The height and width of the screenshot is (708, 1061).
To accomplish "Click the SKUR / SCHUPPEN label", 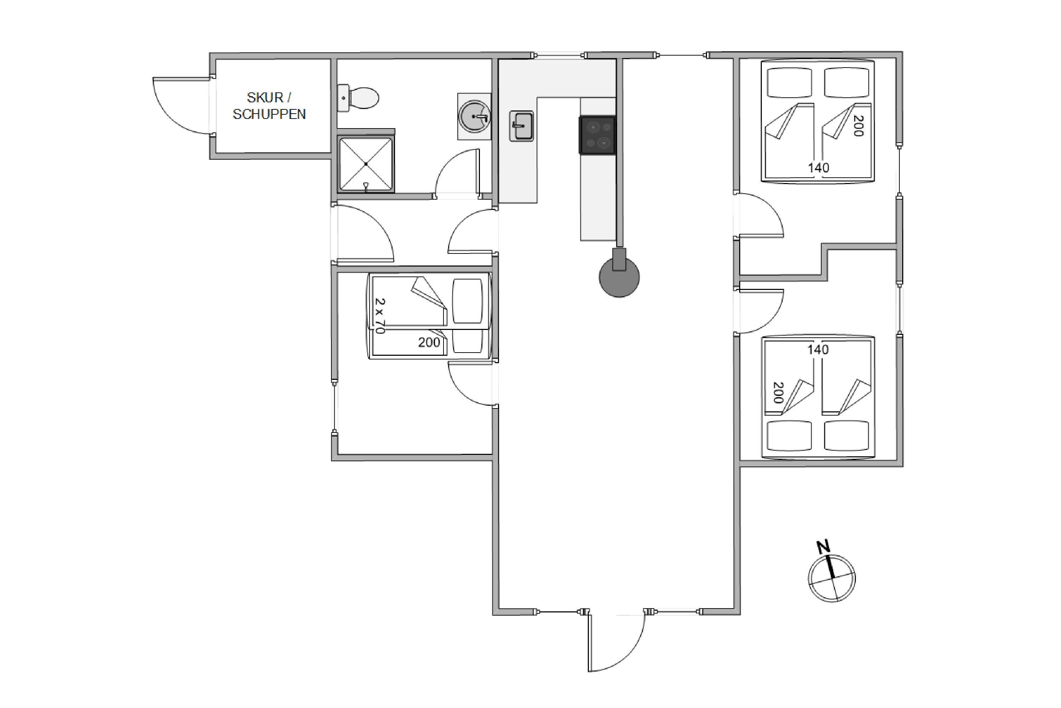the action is pos(269,105).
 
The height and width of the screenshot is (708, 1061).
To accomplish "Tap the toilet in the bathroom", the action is pos(358,98).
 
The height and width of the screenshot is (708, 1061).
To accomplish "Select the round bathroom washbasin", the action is pos(474,116).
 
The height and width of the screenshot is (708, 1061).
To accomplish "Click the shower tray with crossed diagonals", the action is pos(366,164).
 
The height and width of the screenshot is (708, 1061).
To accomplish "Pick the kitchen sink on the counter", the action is pos(521,126).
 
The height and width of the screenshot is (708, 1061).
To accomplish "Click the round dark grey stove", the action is pos(619,276).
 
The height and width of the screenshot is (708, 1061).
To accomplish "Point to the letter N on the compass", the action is pos(824,547).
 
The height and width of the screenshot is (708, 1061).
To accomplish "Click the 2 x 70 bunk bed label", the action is pos(380,316).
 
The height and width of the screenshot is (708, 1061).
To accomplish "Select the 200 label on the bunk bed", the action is pos(429,342).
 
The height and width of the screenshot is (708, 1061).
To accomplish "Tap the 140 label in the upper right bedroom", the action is pos(818,168).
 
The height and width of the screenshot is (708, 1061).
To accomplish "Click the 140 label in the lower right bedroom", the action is pos(818,349).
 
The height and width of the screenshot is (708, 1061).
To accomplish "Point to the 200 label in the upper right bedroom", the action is pos(858,126).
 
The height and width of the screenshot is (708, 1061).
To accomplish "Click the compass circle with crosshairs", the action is pos(832,578).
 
